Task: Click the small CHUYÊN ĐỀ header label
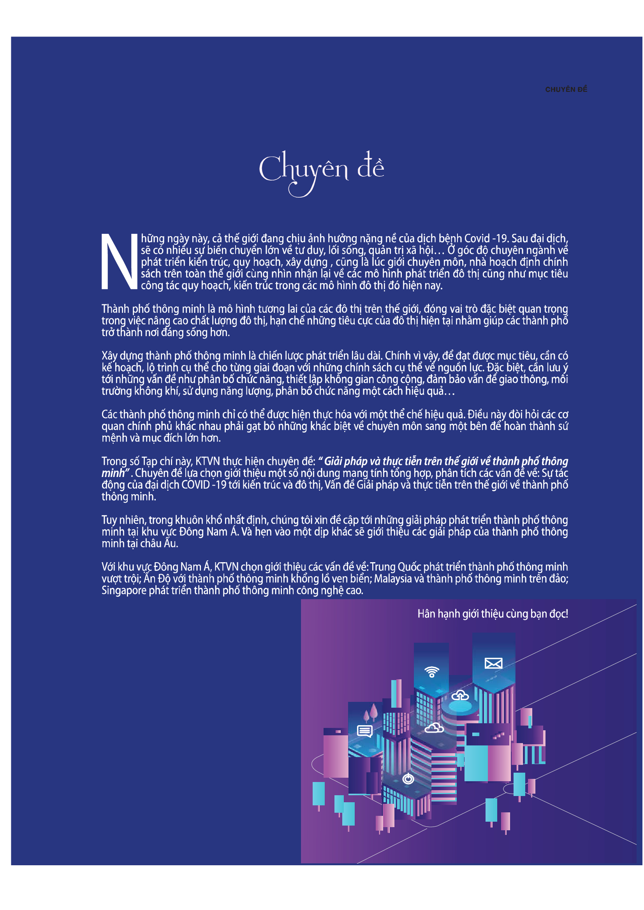click(x=567, y=90)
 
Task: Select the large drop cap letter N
click(x=120, y=262)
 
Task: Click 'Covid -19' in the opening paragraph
click(x=487, y=239)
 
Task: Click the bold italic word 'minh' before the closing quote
click(x=113, y=474)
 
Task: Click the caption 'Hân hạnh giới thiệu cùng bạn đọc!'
click(x=494, y=615)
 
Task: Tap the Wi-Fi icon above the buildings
click(x=433, y=674)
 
